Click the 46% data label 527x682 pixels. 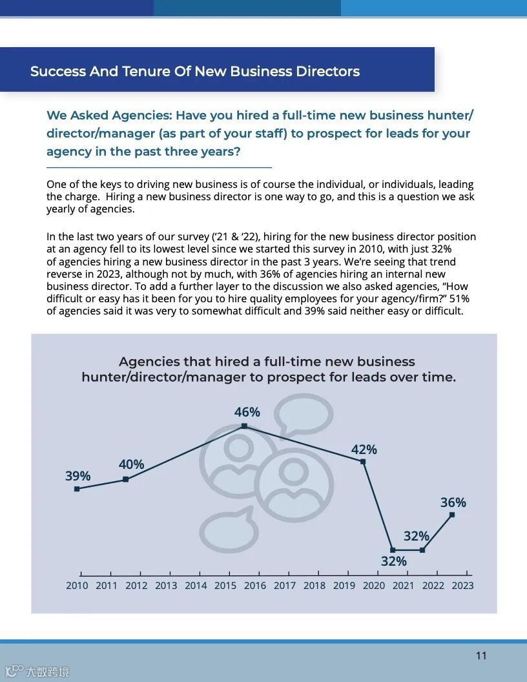(x=247, y=412)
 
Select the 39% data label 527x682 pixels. (x=77, y=476)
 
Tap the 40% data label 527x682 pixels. (x=131, y=464)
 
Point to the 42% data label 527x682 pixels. (x=364, y=449)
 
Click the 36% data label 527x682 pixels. (x=453, y=502)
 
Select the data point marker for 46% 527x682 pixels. (x=244, y=426)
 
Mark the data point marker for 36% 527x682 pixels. (x=452, y=515)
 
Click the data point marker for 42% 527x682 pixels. (x=363, y=462)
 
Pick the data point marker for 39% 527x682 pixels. (x=77, y=489)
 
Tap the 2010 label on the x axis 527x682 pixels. (x=77, y=586)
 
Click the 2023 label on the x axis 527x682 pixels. (x=462, y=586)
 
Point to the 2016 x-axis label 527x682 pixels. (x=255, y=586)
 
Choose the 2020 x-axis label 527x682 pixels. (x=374, y=586)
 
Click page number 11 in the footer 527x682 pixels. (x=481, y=656)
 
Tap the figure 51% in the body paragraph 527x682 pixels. (x=458, y=298)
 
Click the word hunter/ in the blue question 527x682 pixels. (x=451, y=115)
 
